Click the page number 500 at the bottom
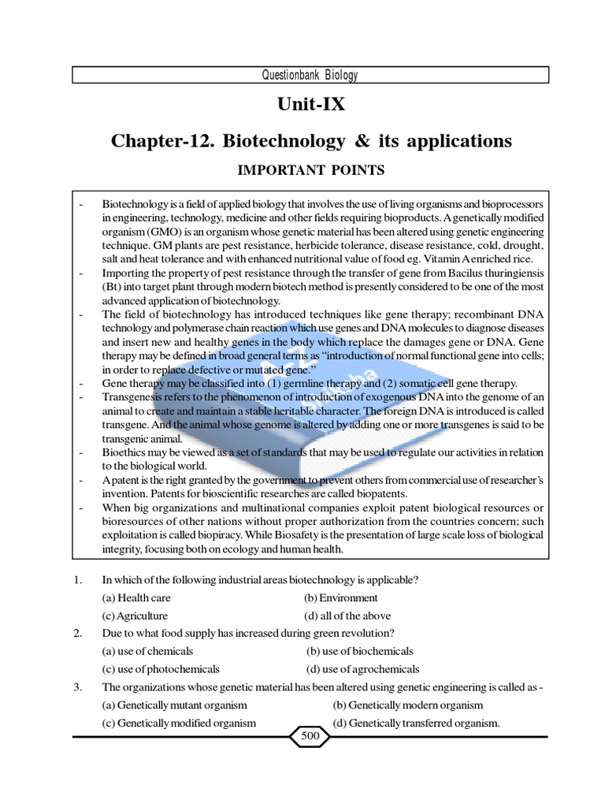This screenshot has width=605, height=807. point(310,736)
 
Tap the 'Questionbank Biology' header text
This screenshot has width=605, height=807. point(310,76)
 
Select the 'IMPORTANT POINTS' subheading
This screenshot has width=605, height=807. point(310,169)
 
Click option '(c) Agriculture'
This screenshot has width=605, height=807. point(135,615)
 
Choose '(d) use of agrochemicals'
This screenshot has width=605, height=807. point(362,669)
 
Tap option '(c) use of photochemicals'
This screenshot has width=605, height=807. point(161,669)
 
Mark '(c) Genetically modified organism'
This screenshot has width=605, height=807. point(179,723)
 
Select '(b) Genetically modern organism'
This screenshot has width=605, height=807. point(407,705)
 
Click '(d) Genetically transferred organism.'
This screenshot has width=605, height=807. point(416,723)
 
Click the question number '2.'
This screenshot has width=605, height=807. point(78,634)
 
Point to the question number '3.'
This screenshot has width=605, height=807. point(78,686)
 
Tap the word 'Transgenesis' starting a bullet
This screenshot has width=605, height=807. point(132,396)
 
